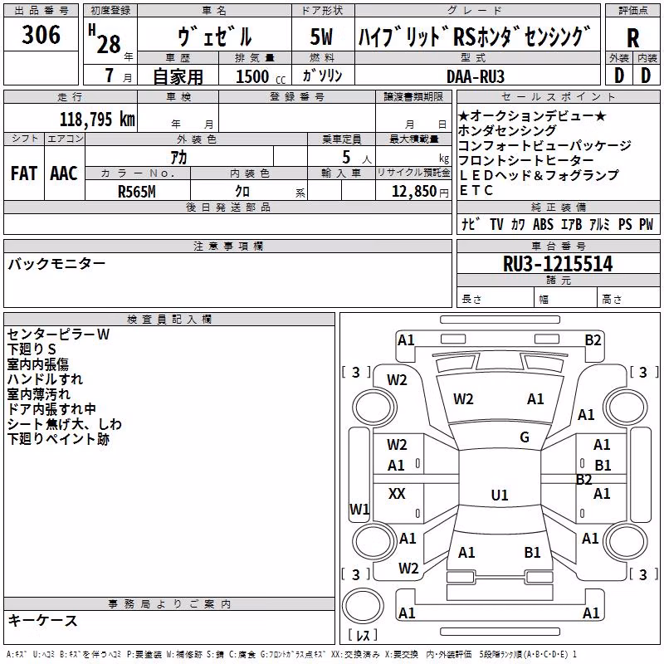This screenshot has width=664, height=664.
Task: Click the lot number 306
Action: [x=41, y=34]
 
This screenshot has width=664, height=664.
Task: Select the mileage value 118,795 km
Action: [x=97, y=120]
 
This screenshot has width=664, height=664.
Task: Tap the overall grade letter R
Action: [x=632, y=38]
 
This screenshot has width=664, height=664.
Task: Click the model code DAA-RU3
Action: [x=476, y=76]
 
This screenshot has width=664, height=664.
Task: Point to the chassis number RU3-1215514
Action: [x=558, y=264]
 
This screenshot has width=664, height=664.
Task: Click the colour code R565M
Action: [x=137, y=192]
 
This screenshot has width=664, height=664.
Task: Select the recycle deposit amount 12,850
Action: [x=413, y=192]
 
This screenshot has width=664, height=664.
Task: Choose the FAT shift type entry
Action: [x=24, y=173]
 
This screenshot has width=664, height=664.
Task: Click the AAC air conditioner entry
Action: [x=64, y=173]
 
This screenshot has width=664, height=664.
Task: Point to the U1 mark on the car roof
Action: [x=500, y=495]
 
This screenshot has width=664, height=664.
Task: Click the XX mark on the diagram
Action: [x=397, y=493]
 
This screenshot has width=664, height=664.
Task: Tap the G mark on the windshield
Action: [x=525, y=437]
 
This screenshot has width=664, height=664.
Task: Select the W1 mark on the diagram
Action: [x=359, y=509]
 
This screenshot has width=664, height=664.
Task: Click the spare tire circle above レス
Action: [x=363, y=606]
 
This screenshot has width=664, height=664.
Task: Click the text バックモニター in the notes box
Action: [x=56, y=264]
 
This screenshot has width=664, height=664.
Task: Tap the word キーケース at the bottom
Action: [x=43, y=621]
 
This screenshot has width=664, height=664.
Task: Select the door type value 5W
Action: [x=321, y=37]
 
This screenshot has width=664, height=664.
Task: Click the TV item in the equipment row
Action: [x=496, y=224]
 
